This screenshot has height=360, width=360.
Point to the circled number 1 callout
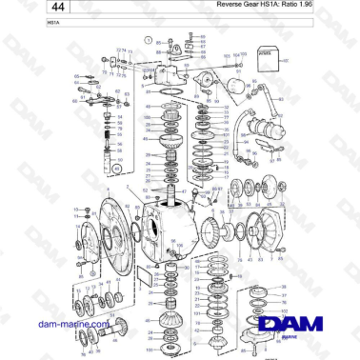pyautogui.click(x=149, y=40)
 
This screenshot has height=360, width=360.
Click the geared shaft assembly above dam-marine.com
pyautogui.click(x=95, y=308)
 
